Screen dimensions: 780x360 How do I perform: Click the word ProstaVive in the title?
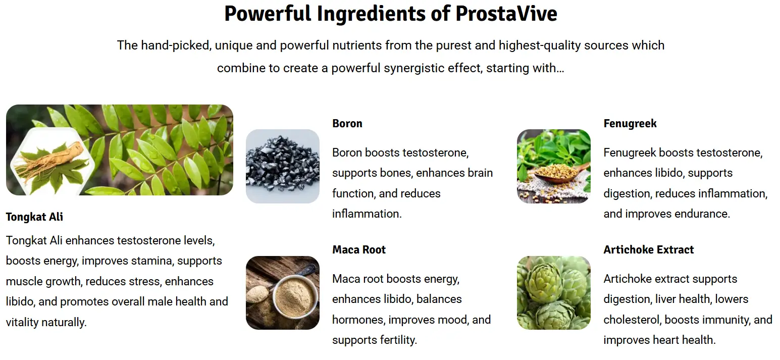pyautogui.click(x=506, y=14)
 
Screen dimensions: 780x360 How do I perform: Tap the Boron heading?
pyautogui.click(x=347, y=124)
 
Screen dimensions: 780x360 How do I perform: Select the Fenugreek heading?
pyautogui.click(x=630, y=124)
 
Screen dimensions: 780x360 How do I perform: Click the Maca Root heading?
pyautogui.click(x=359, y=249)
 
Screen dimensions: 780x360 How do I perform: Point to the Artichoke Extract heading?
pyautogui.click(x=649, y=249)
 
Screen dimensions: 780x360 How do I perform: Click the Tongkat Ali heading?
pyautogui.click(x=34, y=217)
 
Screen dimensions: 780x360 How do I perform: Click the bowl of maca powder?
pyautogui.click(x=295, y=297)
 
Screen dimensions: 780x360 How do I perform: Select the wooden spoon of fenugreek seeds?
pyautogui.click(x=558, y=172)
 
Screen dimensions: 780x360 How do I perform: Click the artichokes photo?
pyautogui.click(x=554, y=293)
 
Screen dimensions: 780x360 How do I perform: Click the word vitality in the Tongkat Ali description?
pyautogui.click(x=22, y=323)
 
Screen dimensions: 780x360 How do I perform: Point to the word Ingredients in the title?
pyautogui.click(x=371, y=14)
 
